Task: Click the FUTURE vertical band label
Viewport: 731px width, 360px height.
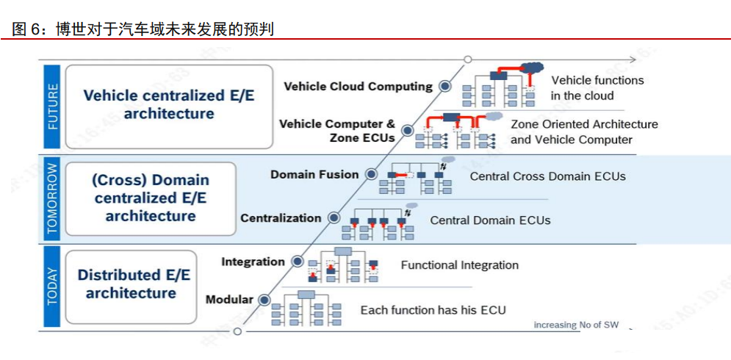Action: click(x=52, y=107)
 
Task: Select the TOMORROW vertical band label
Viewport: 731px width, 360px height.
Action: click(x=52, y=198)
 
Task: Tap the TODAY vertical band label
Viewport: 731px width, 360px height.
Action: click(x=52, y=287)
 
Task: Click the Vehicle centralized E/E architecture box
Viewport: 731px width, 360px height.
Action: click(x=169, y=107)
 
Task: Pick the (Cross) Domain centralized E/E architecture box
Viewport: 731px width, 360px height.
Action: click(x=151, y=198)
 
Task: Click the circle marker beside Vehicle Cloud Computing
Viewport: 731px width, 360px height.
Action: click(x=444, y=86)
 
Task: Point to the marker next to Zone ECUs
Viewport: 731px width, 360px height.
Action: click(x=408, y=130)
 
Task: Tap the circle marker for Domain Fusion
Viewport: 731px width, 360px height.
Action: click(x=371, y=174)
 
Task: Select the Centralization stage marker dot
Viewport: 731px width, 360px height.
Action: click(x=334, y=217)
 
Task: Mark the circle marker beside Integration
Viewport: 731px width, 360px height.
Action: click(x=297, y=262)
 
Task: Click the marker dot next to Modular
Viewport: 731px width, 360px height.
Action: click(x=264, y=299)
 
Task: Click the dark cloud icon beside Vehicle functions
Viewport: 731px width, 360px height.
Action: click(x=531, y=68)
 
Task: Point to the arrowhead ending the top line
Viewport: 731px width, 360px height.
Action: click(x=633, y=60)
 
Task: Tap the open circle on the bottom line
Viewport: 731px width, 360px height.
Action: click(x=237, y=331)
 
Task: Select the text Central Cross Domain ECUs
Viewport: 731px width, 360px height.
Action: click(x=548, y=177)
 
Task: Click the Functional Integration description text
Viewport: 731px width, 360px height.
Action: click(x=460, y=265)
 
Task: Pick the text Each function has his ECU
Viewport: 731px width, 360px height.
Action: click(x=433, y=310)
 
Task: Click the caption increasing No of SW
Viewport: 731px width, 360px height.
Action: click(x=576, y=325)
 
